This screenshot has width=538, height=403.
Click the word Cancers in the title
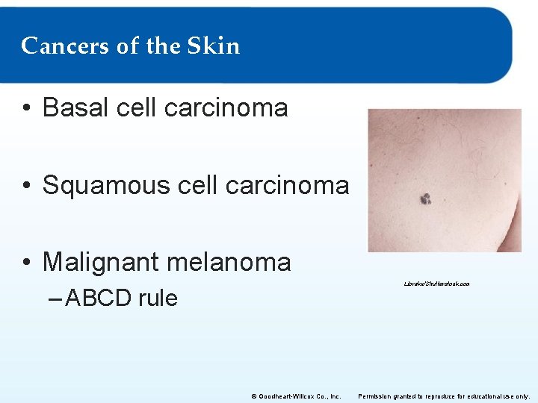pos(65,46)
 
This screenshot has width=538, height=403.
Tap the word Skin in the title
pos(214,46)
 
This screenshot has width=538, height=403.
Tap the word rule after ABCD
pos(158,298)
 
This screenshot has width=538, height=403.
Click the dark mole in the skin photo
pos(425,199)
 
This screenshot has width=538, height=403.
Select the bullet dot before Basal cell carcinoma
pos(26,109)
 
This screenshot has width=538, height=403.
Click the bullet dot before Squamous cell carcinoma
pos(26,186)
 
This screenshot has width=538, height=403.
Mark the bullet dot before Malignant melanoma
pos(26,263)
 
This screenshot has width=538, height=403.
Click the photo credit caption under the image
pos(436,284)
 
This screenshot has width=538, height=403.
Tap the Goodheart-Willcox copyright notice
pos(296,396)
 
